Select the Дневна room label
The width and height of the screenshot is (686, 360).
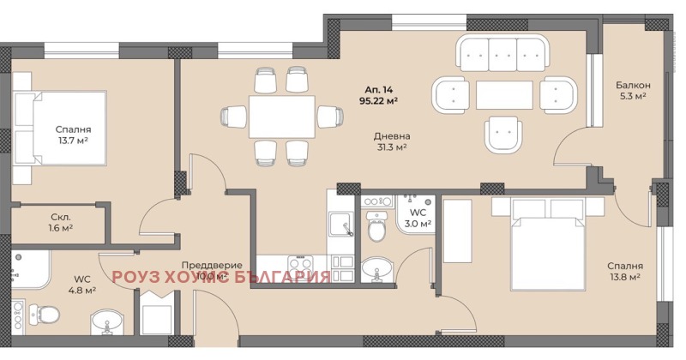click(x=391, y=135)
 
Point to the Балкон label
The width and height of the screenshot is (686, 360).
click(x=632, y=85)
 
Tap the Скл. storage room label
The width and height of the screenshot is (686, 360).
click(x=60, y=217)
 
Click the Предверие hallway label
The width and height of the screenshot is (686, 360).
click(x=211, y=266)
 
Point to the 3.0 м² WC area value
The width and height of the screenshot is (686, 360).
click(x=418, y=224)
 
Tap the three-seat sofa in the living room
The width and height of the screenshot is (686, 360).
click(x=502, y=54)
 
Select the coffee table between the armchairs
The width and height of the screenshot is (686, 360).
click(x=503, y=94)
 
